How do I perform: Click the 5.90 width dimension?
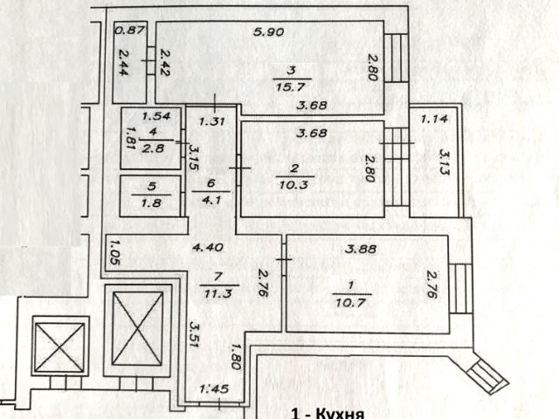click(266, 33)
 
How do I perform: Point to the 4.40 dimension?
click(208, 247)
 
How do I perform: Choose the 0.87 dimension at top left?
click(130, 31)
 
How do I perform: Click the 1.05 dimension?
click(111, 251)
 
